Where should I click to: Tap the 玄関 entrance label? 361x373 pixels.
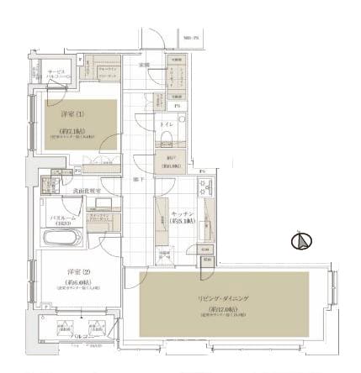(145, 65)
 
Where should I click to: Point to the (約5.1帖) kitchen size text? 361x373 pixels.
(180, 220)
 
